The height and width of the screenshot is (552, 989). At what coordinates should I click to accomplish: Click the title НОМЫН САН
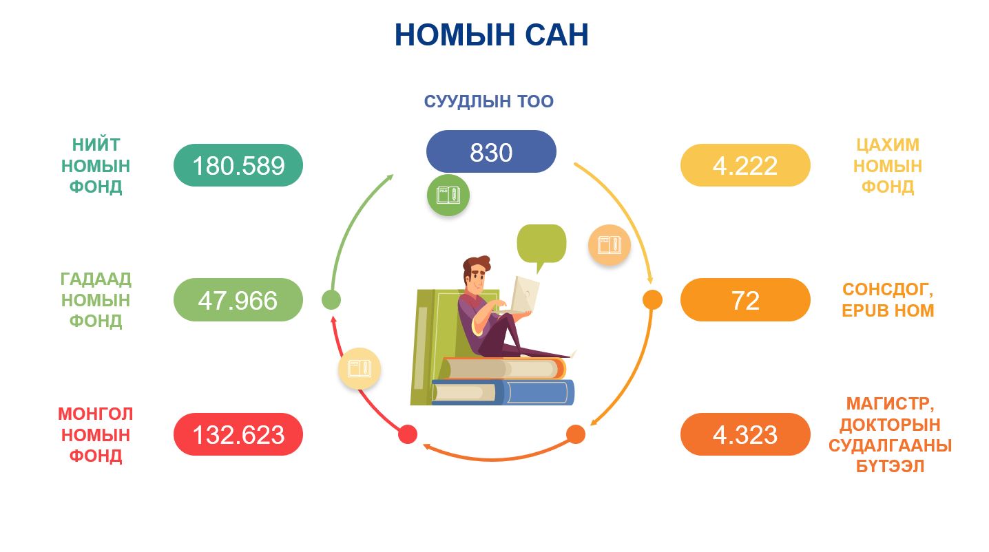pyautogui.click(x=492, y=35)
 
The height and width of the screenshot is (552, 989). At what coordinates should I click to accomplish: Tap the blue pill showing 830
pyautogui.click(x=491, y=151)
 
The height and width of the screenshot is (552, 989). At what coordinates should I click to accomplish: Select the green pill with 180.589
pyautogui.click(x=238, y=165)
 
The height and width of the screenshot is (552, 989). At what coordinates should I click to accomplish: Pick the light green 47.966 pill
pyautogui.click(x=238, y=299)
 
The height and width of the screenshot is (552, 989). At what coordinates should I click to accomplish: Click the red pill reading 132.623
pyautogui.click(x=238, y=434)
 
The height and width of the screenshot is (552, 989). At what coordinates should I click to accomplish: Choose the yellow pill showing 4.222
pyautogui.click(x=745, y=165)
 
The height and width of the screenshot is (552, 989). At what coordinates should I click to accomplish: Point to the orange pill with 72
pyautogui.click(x=745, y=299)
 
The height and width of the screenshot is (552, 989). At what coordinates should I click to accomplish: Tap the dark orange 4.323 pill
pyautogui.click(x=745, y=434)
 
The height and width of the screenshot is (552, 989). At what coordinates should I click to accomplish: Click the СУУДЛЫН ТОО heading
pyautogui.click(x=489, y=101)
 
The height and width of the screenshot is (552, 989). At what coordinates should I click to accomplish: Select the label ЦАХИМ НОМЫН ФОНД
pyautogui.click(x=888, y=165)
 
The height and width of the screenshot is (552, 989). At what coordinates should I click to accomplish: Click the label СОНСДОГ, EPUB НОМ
pyautogui.click(x=888, y=300)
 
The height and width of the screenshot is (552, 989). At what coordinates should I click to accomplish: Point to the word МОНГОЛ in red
pyautogui.click(x=95, y=414)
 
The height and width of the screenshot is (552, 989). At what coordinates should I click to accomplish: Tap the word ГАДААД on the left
pyautogui.click(x=96, y=279)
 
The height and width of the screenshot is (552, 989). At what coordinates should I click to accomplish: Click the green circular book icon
pyautogui.click(x=448, y=195)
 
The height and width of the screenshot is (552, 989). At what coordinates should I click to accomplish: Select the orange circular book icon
pyautogui.click(x=610, y=245)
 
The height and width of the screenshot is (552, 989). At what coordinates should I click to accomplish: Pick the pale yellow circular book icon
pyautogui.click(x=360, y=368)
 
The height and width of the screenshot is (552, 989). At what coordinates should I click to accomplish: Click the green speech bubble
pyautogui.click(x=542, y=245)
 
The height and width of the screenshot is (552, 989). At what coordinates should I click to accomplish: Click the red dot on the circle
pyautogui.click(x=408, y=434)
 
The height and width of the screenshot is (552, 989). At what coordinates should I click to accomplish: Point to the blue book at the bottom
pyautogui.click(x=503, y=392)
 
